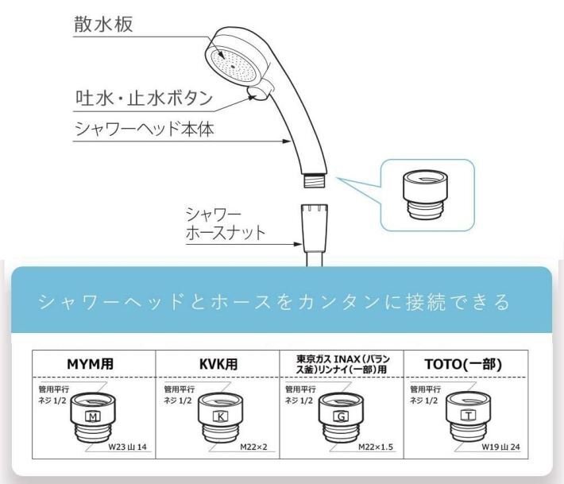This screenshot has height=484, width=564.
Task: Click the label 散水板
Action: click(103, 24)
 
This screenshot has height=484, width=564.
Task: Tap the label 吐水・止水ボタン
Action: click(144, 99)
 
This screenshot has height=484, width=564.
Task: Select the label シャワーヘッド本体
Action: click(145, 129)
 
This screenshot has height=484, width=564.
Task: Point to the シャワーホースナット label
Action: click(226, 223)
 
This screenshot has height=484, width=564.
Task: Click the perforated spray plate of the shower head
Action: click(234, 64)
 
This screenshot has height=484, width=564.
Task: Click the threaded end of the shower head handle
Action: click(315, 180)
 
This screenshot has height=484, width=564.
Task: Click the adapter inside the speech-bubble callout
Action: click(425, 195)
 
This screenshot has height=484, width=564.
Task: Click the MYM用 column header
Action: click(91, 364)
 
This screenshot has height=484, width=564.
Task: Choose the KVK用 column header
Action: click(218, 364)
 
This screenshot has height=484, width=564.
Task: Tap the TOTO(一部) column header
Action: click(463, 364)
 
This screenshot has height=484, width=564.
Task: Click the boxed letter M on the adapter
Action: click(93, 416)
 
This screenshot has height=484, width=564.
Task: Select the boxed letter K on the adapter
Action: click(220, 416)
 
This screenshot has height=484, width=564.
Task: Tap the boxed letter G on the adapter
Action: click(341, 416)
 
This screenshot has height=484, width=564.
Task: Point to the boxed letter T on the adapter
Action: click(469, 416)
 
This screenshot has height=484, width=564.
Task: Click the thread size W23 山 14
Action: click(128, 447)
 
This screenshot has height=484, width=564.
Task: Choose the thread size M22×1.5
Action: click(376, 447)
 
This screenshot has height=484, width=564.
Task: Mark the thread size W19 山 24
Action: click(501, 447)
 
